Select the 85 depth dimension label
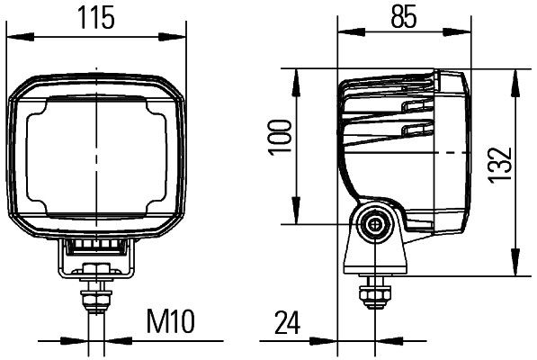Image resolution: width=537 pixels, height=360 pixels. tap(404, 16)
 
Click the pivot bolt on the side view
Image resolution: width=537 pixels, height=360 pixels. tap(372, 224)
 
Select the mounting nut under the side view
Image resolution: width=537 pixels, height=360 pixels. tap(371, 293)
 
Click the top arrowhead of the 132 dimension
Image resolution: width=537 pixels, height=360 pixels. tap(514, 76)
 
